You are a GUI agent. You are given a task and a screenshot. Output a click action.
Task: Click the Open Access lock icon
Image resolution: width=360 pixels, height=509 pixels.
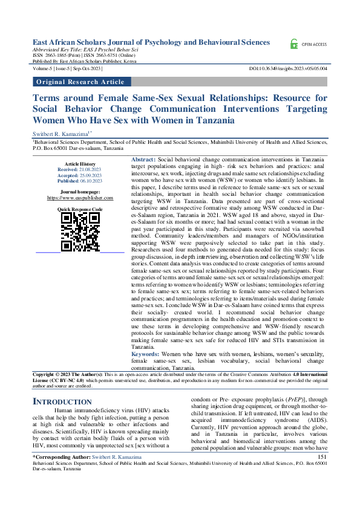point(293,44)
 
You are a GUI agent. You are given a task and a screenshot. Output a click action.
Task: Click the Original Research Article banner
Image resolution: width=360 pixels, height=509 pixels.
point(81,81)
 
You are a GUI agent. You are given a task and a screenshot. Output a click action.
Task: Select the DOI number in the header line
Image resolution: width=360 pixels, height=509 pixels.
point(289,70)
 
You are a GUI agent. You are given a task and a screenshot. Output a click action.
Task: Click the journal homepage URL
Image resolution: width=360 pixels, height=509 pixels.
point(80,198)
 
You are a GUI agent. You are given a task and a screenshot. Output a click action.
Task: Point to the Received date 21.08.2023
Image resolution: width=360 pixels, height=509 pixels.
point(89,170)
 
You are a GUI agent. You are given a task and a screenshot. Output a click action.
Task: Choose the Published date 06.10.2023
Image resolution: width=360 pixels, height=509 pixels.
point(89,181)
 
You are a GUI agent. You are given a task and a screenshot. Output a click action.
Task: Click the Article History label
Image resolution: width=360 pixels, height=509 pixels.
point(80,164)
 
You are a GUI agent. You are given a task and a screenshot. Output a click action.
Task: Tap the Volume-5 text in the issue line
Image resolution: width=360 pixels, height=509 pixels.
point(42,70)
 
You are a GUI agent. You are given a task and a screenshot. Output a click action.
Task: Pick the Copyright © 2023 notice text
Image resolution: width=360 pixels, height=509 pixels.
point(61,375)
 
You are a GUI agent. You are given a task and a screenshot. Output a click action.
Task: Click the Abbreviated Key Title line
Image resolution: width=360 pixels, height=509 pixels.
point(85,50)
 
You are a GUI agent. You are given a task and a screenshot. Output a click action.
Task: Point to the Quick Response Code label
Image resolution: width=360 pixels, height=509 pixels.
point(80,209)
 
